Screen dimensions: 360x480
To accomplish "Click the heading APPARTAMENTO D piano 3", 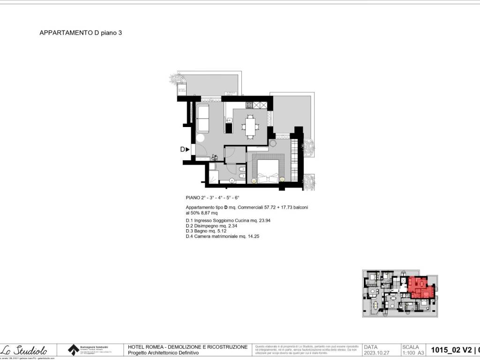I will (x=81, y=33).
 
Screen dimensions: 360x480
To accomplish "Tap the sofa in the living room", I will (x=203, y=119).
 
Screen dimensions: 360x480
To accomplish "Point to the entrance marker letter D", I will (x=183, y=150).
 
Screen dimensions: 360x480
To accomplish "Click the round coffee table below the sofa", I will (x=200, y=138).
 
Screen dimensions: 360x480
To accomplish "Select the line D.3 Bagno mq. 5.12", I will (x=213, y=231).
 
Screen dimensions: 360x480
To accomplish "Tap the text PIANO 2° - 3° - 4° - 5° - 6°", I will (x=212, y=198).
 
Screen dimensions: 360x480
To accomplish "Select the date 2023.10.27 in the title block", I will (x=377, y=352).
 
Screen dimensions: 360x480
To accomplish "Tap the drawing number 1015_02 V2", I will (x=451, y=350).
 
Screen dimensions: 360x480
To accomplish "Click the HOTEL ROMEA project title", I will (x=187, y=347).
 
